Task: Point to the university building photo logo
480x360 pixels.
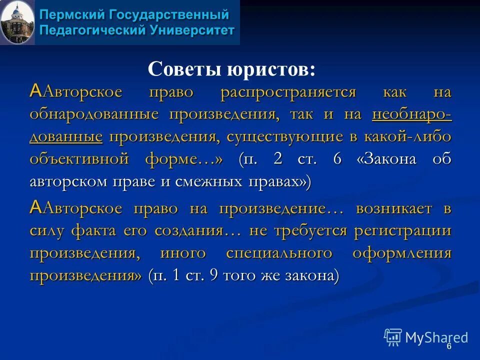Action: (x=17, y=22)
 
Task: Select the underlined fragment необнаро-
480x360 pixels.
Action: (x=412, y=114)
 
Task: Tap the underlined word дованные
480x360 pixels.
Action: (x=66, y=136)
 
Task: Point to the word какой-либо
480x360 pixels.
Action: (x=409, y=136)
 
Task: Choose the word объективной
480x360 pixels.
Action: (x=80, y=158)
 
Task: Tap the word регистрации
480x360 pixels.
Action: (x=403, y=230)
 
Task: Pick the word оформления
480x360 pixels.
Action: (x=402, y=252)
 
